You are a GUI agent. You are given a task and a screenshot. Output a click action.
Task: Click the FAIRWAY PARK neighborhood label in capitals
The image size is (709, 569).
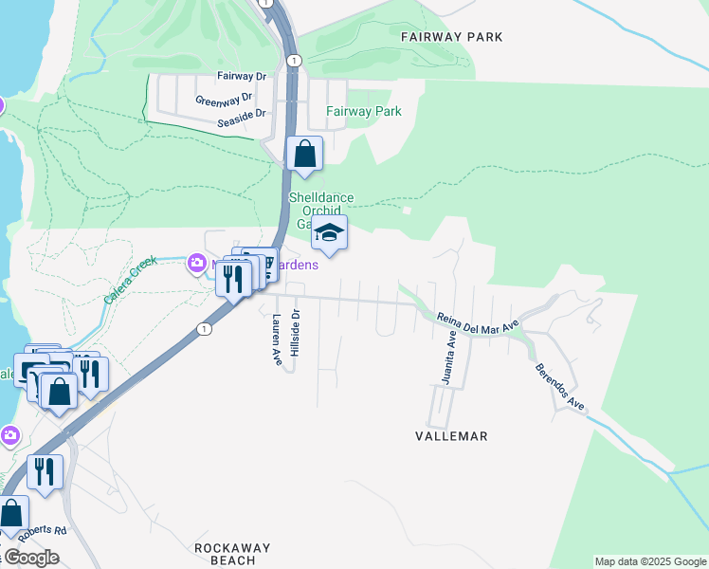tap(451, 37)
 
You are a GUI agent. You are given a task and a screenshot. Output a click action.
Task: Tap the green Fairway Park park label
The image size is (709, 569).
tap(364, 111)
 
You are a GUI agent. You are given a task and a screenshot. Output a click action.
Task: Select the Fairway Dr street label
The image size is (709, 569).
tap(242, 76)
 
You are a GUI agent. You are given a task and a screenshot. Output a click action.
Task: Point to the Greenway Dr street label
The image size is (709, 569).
tap(224, 99)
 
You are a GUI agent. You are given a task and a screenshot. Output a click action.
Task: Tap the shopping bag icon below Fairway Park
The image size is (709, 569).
tap(305, 154)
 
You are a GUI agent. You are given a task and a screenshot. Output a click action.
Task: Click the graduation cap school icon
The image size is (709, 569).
tap(329, 232)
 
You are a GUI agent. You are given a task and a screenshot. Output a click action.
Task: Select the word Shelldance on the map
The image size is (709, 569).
tap(320, 198)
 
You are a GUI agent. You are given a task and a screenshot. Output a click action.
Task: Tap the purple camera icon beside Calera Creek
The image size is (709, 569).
tap(197, 262)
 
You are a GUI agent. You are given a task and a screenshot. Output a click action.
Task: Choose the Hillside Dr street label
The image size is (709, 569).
tap(295, 333)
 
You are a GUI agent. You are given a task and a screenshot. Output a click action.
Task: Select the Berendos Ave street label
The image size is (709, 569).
tap(559, 386)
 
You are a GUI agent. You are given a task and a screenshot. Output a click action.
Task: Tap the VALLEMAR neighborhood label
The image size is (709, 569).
tap(451, 436)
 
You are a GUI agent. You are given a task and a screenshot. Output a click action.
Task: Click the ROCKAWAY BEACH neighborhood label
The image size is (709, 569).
tap(232, 554)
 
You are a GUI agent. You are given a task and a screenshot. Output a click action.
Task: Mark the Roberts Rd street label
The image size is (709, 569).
tap(45, 531)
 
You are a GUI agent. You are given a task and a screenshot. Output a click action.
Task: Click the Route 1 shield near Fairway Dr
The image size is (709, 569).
tap(296, 60)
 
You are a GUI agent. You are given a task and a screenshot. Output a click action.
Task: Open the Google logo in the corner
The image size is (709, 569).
tap(30, 558)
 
